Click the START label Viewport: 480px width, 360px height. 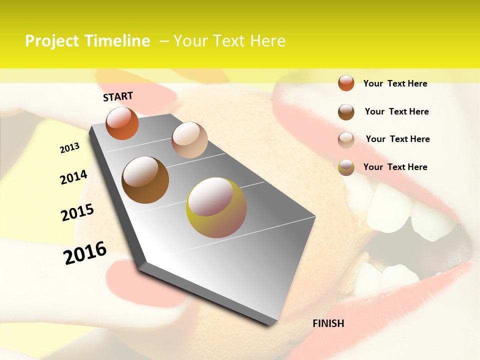(x=118, y=96)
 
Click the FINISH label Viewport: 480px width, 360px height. (x=328, y=323)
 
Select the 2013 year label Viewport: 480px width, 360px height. (x=70, y=148)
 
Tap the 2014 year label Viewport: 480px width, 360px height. (x=73, y=177)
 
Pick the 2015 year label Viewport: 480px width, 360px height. (x=77, y=212)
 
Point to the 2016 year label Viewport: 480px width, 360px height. (x=85, y=252)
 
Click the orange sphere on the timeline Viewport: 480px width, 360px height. (x=122, y=123)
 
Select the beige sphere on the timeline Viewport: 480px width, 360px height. (x=189, y=140)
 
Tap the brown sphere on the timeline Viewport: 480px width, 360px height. (x=145, y=180)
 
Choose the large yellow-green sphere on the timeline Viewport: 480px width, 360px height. (x=216, y=207)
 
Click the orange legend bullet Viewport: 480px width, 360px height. (x=346, y=83)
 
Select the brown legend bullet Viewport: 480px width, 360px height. (x=346, y=111)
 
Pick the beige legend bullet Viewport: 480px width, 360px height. (x=346, y=139)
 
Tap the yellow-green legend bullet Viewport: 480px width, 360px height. (x=346, y=167)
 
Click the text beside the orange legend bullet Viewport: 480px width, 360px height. (x=395, y=83)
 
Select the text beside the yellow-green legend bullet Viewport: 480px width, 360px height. (x=395, y=167)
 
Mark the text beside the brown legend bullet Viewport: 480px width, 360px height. (x=396, y=111)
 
